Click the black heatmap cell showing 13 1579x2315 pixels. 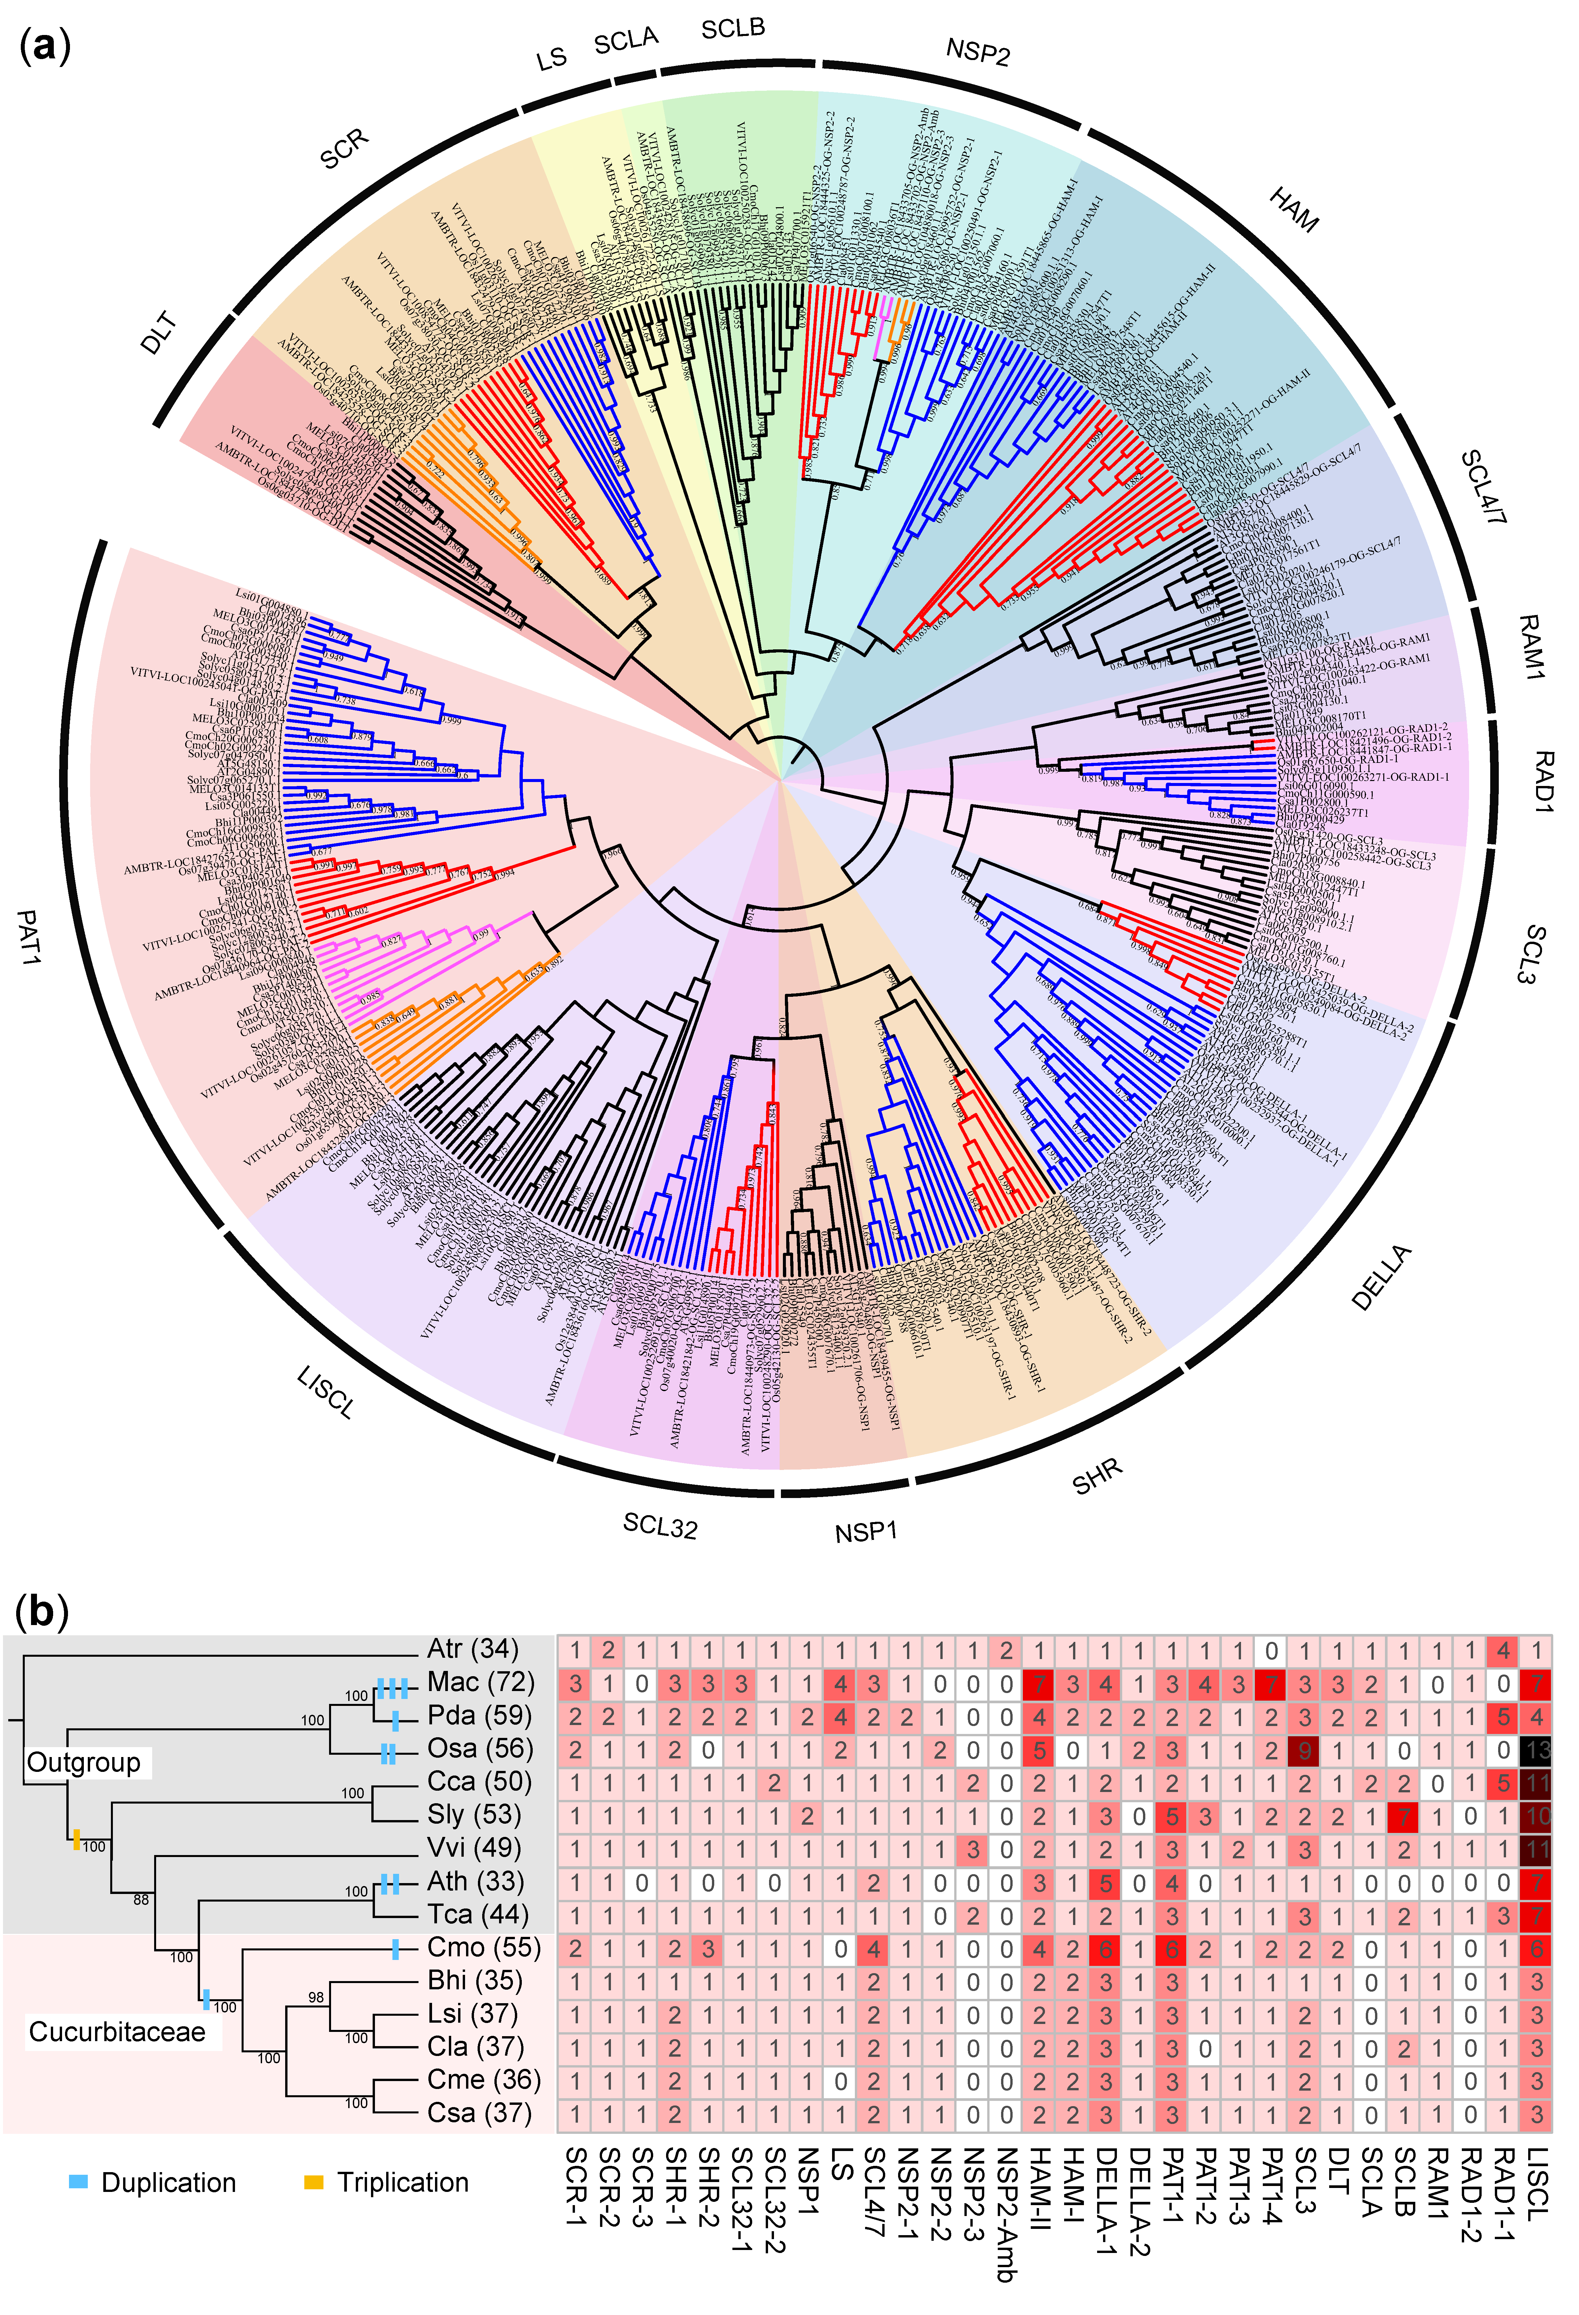[x=1537, y=1750]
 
